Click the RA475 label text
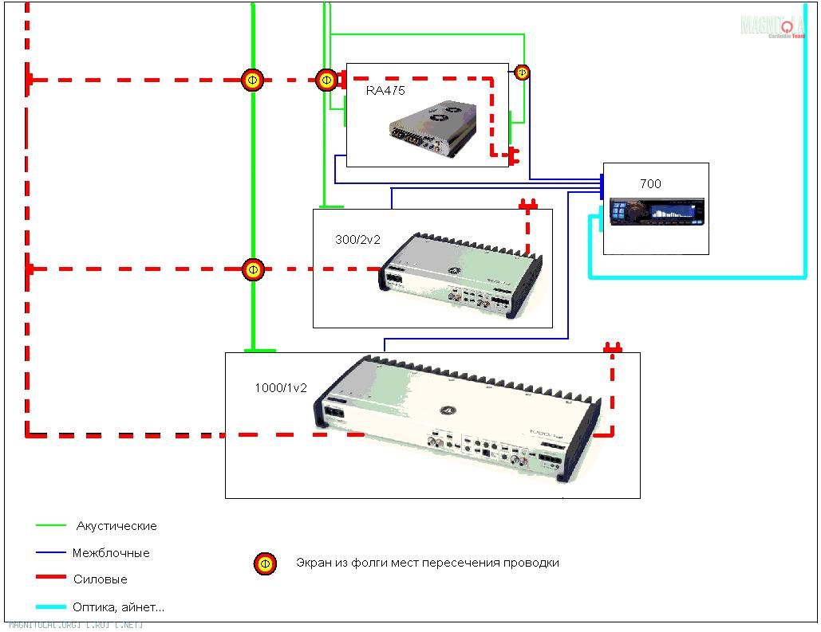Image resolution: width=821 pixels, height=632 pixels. [x=385, y=91]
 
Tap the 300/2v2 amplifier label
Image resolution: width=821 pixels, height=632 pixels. [x=358, y=239]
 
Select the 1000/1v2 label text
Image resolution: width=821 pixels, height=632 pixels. [x=281, y=387]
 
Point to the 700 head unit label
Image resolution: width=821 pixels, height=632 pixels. [x=650, y=184]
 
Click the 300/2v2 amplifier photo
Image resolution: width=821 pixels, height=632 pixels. [x=460, y=276]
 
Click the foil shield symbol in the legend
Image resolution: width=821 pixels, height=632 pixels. [x=265, y=564]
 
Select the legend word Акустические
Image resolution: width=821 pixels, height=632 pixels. [x=116, y=526]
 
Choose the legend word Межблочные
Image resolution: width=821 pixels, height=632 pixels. [x=111, y=553]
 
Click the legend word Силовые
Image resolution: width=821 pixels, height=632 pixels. [x=100, y=579]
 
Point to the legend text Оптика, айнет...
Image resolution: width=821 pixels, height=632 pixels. [x=118, y=606]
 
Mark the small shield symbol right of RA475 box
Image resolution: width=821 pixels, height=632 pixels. [x=522, y=73]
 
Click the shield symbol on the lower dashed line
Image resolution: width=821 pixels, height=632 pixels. [x=253, y=269]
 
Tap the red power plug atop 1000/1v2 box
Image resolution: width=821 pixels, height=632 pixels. [x=612, y=347]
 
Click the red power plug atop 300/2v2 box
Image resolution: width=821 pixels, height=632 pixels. [x=528, y=205]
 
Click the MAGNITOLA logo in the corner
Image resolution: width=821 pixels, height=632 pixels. [x=772, y=26]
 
